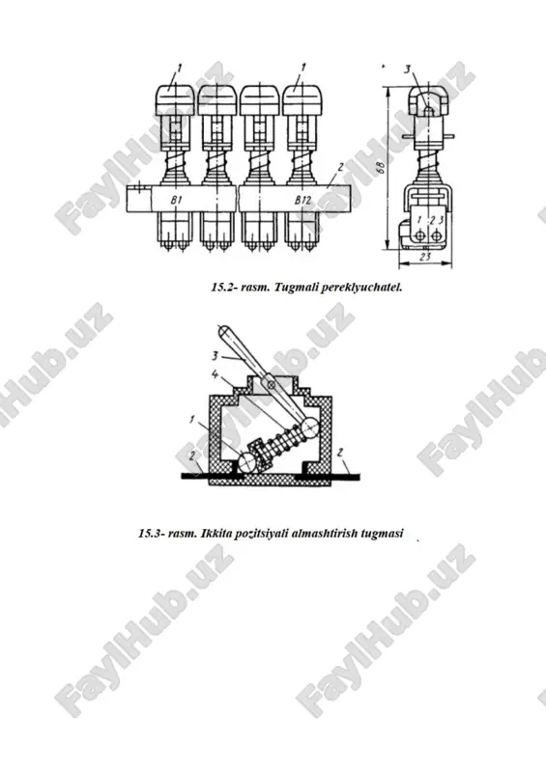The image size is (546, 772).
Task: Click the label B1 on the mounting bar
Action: pyautogui.click(x=177, y=200)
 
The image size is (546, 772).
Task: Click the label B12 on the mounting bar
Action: pyautogui.click(x=303, y=200)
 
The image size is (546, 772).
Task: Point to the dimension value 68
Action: pyautogui.click(x=381, y=167)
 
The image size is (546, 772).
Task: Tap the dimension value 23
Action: pyautogui.click(x=425, y=257)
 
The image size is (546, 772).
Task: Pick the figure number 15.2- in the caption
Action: pyautogui.click(x=225, y=287)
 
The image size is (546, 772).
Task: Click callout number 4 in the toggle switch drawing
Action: pyautogui.click(x=216, y=374)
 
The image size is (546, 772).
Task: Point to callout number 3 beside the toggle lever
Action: pyautogui.click(x=215, y=355)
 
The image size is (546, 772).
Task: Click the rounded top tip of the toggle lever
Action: pyautogui.click(x=223, y=329)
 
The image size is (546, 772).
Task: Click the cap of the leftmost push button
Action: pyautogui.click(x=173, y=100)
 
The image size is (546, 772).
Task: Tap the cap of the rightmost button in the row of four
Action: pyautogui.click(x=302, y=100)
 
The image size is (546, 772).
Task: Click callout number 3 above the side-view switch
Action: pyautogui.click(x=407, y=69)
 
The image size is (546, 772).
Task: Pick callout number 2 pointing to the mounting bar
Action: pyautogui.click(x=340, y=168)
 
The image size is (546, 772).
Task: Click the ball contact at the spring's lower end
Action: pyautogui.click(x=247, y=462)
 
